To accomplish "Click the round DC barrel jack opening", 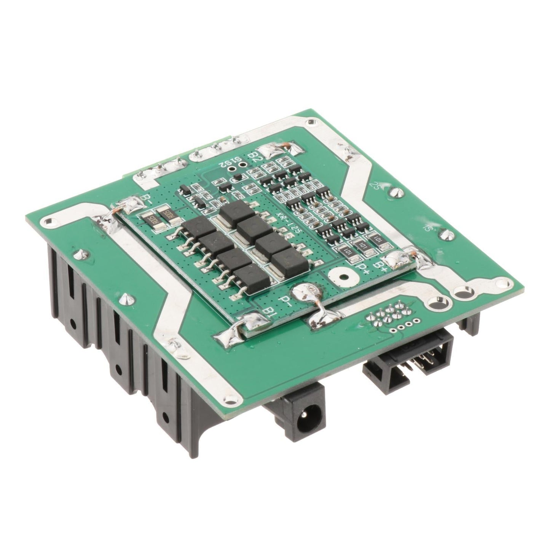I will (305, 424).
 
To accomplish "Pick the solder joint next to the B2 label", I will (271, 153).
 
